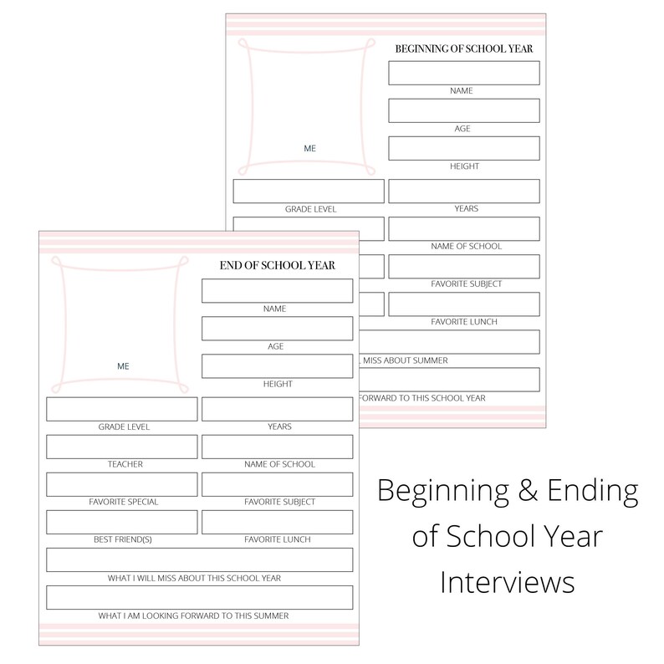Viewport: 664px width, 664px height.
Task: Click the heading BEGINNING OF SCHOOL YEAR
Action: click(463, 49)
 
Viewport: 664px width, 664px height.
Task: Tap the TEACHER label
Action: click(121, 464)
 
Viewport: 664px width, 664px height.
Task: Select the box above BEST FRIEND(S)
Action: click(121, 522)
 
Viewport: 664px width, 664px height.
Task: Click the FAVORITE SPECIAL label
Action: click(123, 502)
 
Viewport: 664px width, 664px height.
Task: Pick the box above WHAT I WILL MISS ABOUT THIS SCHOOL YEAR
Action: click(199, 559)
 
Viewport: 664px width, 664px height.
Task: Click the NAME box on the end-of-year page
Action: click(277, 290)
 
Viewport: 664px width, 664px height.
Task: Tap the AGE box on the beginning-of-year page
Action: click(463, 110)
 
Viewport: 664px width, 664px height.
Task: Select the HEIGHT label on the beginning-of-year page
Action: click(463, 166)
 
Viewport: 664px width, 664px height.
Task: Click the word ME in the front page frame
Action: click(123, 366)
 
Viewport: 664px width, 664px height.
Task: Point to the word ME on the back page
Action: click(310, 148)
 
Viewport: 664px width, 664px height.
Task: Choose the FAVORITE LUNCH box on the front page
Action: click(277, 522)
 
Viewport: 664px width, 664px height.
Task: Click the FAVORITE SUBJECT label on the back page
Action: click(466, 283)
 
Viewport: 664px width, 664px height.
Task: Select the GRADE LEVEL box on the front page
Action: click(121, 409)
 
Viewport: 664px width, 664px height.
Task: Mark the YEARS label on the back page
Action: click(466, 208)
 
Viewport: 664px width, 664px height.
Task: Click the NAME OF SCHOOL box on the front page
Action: click(277, 447)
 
